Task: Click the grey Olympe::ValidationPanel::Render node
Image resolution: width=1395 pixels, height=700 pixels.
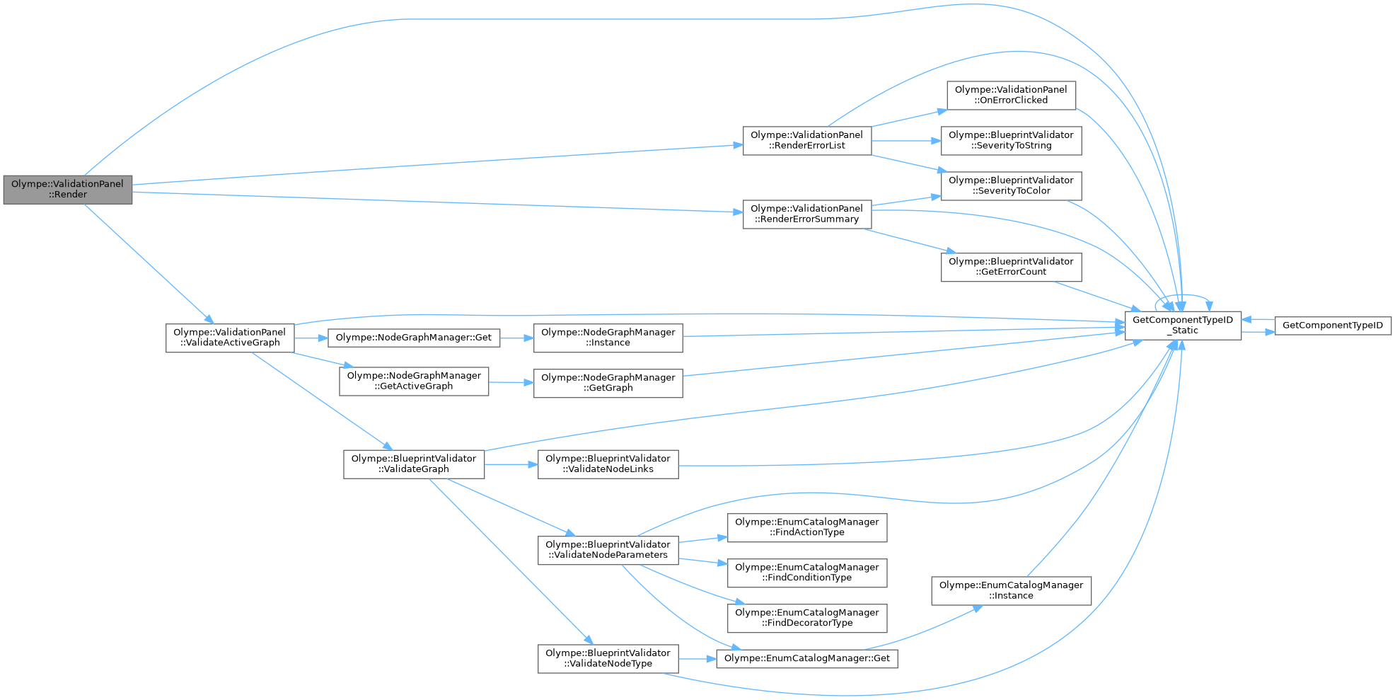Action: click(x=67, y=189)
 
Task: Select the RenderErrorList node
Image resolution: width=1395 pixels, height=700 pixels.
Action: click(x=806, y=140)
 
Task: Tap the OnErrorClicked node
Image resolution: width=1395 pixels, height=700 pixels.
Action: click(x=1011, y=95)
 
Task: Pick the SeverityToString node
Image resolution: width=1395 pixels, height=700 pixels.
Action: click(x=1011, y=140)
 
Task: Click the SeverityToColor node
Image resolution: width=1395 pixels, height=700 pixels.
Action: click(x=1011, y=185)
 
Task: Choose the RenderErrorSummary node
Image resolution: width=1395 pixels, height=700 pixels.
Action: click(x=806, y=214)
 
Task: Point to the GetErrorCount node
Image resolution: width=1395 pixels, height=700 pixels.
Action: click(x=1011, y=267)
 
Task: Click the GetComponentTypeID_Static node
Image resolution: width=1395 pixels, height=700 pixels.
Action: click(x=1182, y=325)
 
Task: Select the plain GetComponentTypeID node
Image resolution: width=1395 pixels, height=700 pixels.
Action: click(x=1332, y=326)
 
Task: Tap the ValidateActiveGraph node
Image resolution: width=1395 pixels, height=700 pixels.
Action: click(x=229, y=338)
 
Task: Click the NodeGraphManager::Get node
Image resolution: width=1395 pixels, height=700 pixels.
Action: click(x=413, y=338)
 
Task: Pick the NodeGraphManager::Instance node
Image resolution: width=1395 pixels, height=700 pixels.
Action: click(x=608, y=338)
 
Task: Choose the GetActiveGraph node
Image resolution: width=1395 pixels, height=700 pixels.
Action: click(x=413, y=381)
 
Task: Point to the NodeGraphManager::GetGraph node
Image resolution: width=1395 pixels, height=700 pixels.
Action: click(x=608, y=383)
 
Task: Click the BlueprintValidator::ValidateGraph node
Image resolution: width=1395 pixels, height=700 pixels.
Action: click(x=413, y=464)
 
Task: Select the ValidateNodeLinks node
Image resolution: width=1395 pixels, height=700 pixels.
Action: click(x=608, y=464)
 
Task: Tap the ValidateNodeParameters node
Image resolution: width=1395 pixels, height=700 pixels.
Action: click(x=608, y=550)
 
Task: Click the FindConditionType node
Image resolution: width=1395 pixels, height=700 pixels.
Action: click(x=806, y=573)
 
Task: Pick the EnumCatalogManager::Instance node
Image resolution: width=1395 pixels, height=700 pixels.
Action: click(x=1011, y=590)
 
